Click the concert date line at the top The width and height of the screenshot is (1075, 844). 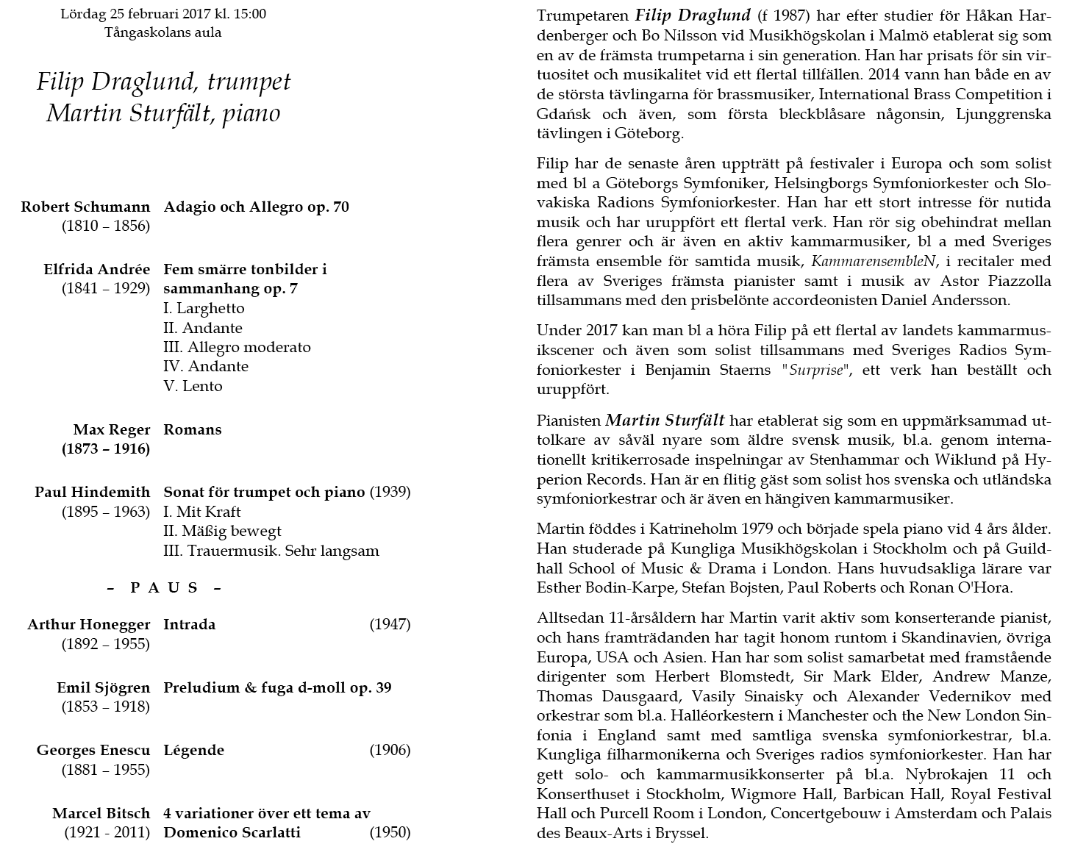point(163,14)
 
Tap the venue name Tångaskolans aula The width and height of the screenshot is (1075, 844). point(162,32)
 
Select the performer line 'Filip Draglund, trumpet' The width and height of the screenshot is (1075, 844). point(163,82)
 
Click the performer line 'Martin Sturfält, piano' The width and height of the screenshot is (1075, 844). point(163,113)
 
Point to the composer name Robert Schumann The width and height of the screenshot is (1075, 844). point(85,207)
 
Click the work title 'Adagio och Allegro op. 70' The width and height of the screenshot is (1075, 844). point(256,207)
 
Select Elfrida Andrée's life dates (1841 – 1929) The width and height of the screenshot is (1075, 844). point(106,288)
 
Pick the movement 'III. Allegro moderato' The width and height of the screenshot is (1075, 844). point(237,347)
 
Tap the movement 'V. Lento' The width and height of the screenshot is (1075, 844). point(193,386)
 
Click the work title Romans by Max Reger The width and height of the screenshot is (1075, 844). point(192,429)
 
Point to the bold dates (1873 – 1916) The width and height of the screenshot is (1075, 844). point(106,448)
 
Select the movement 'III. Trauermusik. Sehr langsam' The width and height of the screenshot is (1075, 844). point(271,551)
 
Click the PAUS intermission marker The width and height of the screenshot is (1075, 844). point(164,587)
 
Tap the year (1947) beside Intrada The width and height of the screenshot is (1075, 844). point(390,624)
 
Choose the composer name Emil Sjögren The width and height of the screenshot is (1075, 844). point(103,688)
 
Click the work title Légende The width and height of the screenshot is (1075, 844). point(193,751)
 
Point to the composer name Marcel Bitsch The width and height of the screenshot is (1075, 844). point(101,814)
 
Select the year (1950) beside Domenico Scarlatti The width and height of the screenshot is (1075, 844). point(390,832)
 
